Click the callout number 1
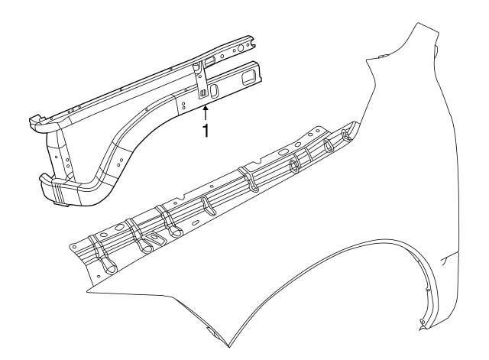click(x=205, y=131)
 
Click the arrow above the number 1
click(x=205, y=112)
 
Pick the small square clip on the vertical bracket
click(x=202, y=93)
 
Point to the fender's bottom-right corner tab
click(x=423, y=329)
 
